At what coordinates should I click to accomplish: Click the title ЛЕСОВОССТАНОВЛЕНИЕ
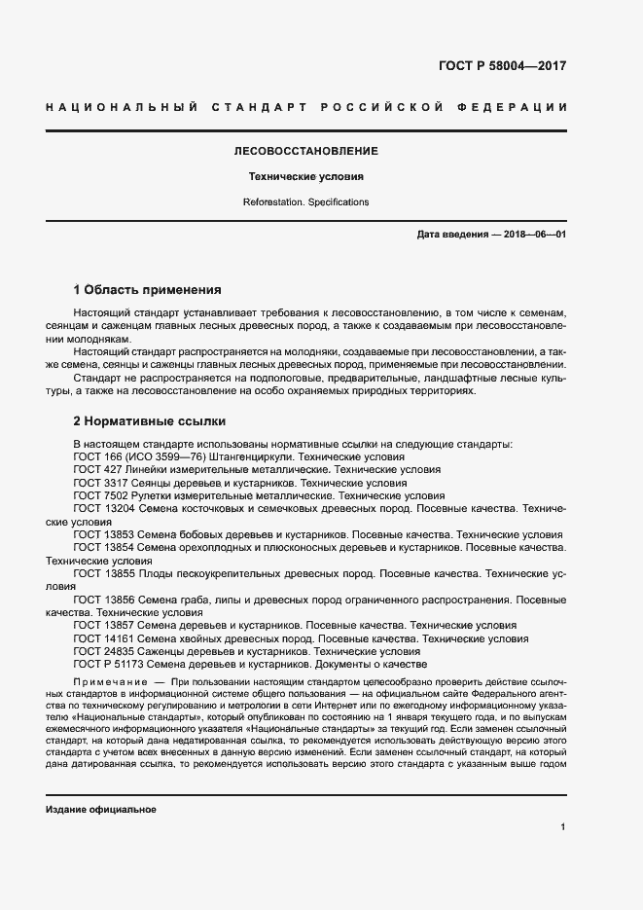pyautogui.click(x=305, y=152)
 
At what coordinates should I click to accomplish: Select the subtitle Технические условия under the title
pyautogui.click(x=305, y=177)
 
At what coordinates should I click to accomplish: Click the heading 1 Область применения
pyautogui.click(x=148, y=290)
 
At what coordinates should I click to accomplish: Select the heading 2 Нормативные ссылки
pyautogui.click(x=150, y=421)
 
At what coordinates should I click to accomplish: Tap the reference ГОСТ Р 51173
pyautogui.click(x=110, y=665)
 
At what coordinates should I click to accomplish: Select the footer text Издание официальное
pyautogui.click(x=101, y=810)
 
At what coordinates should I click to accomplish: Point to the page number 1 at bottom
pyautogui.click(x=563, y=827)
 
